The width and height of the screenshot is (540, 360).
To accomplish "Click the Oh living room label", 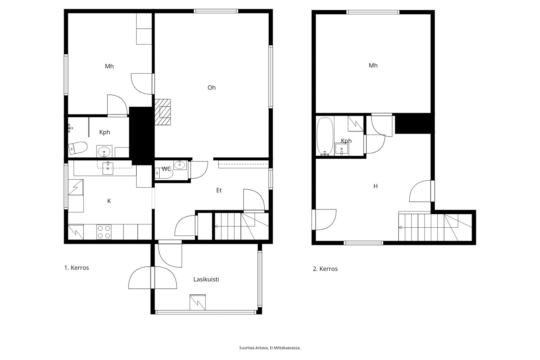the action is [211, 87].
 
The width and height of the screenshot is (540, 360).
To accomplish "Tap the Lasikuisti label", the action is [206, 279].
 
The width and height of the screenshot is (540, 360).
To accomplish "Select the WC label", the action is [166, 169].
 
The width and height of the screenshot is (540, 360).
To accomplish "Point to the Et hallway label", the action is [219, 190].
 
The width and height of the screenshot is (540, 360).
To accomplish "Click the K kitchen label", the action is [109, 201].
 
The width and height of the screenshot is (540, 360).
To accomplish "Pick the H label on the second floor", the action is [375, 186].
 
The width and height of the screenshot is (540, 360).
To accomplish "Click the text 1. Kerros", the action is [76, 268].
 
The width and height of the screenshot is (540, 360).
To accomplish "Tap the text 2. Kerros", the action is [325, 269].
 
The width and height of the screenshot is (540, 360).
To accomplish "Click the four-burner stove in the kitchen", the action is [104, 232].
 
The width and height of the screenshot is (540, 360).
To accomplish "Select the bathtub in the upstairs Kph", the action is [325, 136].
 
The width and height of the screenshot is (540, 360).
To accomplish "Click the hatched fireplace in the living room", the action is [162, 112].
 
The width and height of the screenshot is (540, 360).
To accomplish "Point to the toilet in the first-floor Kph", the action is [77, 148].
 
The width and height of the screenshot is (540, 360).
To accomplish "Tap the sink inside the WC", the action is [180, 165].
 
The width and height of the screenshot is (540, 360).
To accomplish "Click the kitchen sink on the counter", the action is [108, 168].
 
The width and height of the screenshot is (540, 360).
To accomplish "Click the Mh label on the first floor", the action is [109, 66].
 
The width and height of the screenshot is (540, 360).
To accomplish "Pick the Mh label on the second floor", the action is [373, 66].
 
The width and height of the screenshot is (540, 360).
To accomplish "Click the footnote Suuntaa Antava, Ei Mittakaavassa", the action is [270, 348].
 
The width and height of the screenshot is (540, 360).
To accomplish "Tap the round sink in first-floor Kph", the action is [104, 152].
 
